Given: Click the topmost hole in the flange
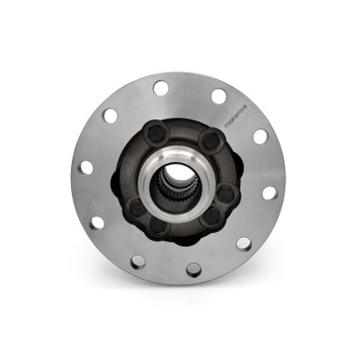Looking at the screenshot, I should click(x=160, y=87).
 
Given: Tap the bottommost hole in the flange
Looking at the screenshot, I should click(x=193, y=270).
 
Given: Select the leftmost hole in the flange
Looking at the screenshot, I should click(x=86, y=168).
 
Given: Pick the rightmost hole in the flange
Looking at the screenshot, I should click(x=270, y=193).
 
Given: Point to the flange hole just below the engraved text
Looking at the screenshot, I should click(x=260, y=136).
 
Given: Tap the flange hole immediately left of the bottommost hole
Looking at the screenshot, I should click(x=137, y=261).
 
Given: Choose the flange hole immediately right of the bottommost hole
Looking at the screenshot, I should click(x=243, y=243).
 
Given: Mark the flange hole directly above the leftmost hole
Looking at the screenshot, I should click(x=110, y=116).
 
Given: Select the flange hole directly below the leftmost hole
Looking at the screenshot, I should click(x=96, y=222).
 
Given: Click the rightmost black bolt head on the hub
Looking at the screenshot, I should click(x=226, y=194).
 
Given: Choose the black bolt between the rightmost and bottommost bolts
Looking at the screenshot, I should click(x=211, y=215).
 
